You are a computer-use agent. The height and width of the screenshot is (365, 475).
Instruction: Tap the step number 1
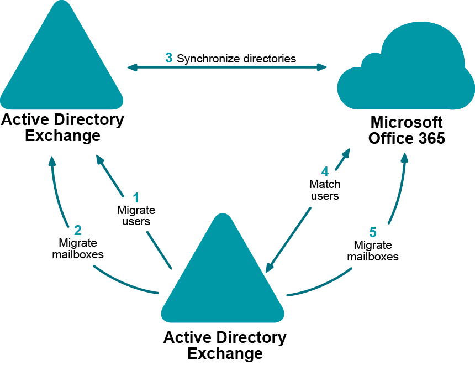click(x=136, y=197)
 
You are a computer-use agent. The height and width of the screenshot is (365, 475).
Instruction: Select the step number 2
click(x=78, y=230)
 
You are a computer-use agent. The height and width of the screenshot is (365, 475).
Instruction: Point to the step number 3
click(x=169, y=58)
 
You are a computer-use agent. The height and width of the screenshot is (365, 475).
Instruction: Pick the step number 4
click(x=325, y=172)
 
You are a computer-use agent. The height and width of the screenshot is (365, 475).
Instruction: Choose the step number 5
click(x=373, y=232)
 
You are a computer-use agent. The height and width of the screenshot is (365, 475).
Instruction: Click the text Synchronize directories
click(x=236, y=58)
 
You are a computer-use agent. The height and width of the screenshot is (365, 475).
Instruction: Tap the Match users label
click(x=325, y=190)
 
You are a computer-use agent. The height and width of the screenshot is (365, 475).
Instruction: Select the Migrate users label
click(x=136, y=216)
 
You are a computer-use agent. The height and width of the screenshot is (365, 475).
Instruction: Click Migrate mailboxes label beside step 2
click(x=78, y=248)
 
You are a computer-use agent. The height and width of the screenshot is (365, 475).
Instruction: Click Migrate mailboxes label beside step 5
click(x=373, y=251)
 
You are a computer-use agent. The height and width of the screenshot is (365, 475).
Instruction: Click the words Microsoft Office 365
click(x=407, y=130)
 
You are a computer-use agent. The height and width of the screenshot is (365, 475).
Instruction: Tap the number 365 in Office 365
click(x=430, y=138)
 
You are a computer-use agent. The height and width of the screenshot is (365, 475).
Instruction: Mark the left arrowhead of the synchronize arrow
click(x=132, y=67)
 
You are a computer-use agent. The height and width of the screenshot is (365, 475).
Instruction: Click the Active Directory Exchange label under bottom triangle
click(x=225, y=345)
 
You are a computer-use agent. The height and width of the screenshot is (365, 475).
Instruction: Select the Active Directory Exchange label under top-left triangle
click(x=62, y=127)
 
